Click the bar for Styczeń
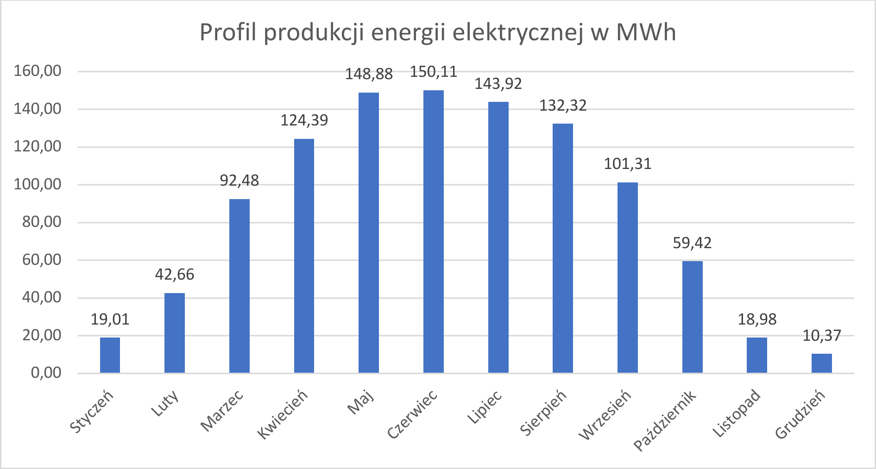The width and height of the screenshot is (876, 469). (x=110, y=355)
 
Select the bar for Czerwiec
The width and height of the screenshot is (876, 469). (x=433, y=231)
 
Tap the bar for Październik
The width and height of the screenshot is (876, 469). (x=692, y=317)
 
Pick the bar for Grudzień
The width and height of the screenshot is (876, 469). (x=821, y=363)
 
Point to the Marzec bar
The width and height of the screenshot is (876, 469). (x=239, y=286)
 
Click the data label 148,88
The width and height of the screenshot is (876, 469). (x=369, y=74)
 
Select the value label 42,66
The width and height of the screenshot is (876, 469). (x=175, y=275)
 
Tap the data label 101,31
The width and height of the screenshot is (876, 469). (x=627, y=164)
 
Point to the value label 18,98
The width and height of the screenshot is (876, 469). (x=757, y=319)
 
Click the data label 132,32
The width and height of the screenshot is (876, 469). (x=563, y=106)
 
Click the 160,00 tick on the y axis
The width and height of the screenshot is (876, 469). (x=38, y=71)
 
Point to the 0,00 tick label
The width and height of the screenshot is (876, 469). (x=46, y=373)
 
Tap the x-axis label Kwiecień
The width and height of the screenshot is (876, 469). (x=283, y=414)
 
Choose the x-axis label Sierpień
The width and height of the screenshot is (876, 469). (x=543, y=413)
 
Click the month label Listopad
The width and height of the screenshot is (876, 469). (x=737, y=413)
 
